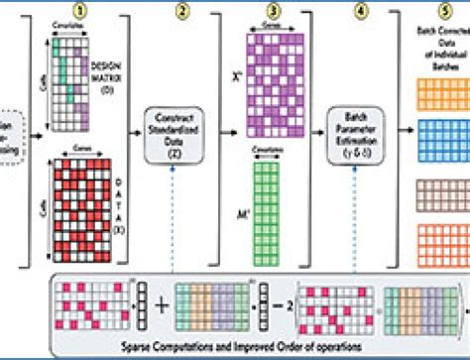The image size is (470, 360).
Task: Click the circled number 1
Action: click(x=92, y=11)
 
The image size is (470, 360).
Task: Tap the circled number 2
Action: click(x=181, y=11)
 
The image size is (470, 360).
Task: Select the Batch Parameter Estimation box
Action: click(x=358, y=135)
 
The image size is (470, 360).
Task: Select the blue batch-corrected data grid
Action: click(x=445, y=140)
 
